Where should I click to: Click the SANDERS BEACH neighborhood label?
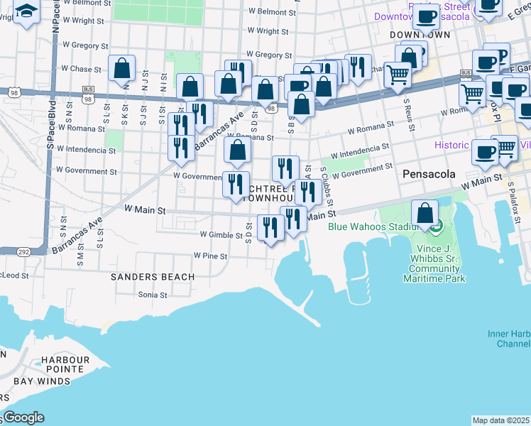click(x=153, y=276)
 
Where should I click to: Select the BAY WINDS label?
click(x=42, y=381)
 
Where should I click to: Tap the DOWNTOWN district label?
click(x=420, y=34)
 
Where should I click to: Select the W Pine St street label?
click(x=210, y=256)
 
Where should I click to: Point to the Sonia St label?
click(x=152, y=294)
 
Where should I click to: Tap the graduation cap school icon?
click(x=27, y=12)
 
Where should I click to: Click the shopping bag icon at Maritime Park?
click(x=425, y=212)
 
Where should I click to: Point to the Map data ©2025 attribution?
click(x=501, y=420)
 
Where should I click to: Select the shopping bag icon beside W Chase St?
click(x=122, y=68)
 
